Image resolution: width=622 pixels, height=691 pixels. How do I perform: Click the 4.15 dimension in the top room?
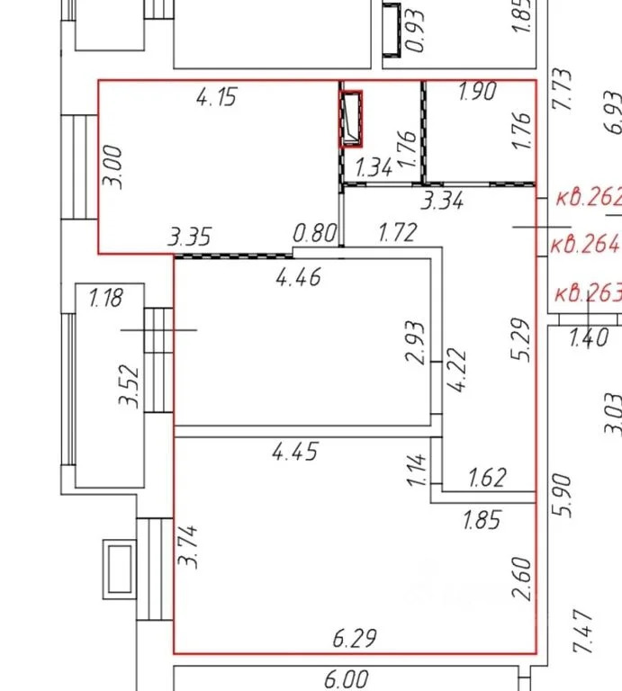(216, 97)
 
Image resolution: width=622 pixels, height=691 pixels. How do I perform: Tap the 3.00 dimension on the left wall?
(113, 167)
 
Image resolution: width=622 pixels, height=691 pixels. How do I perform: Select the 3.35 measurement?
(190, 237)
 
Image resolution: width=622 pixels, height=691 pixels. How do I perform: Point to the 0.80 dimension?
(315, 233)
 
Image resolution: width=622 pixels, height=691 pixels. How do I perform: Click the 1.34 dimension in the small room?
(374, 168)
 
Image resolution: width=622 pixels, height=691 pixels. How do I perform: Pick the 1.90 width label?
(477, 91)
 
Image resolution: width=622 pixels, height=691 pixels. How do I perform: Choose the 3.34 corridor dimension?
(442, 201)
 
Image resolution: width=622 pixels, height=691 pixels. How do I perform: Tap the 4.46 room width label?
(299, 278)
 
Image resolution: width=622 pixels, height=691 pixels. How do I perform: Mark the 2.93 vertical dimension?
(416, 342)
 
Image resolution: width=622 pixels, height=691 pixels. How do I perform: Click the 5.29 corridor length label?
(520, 339)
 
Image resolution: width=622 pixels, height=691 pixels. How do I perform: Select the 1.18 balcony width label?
(106, 298)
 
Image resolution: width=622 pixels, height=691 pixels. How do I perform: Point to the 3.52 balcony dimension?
(129, 385)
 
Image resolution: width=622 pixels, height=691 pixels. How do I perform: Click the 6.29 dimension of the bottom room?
(355, 639)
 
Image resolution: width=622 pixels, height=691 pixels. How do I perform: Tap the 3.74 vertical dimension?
(188, 546)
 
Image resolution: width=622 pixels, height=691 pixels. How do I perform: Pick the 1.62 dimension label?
(487, 478)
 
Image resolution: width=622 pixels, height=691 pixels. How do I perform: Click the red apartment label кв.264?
(586, 244)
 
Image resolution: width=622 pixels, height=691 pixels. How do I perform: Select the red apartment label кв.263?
(588, 293)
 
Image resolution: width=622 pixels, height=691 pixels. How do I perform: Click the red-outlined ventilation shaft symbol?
(351, 119)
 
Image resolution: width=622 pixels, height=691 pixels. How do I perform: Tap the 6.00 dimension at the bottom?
(347, 679)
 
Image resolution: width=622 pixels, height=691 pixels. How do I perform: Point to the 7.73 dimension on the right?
(563, 88)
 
